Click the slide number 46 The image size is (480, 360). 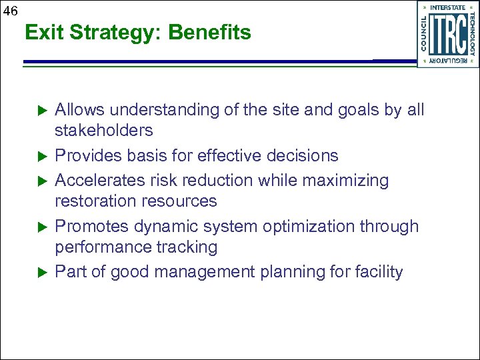click(10, 10)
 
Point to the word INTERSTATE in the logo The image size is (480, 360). click(448, 7)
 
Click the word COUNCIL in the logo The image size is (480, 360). click(425, 34)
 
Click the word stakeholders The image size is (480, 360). click(103, 130)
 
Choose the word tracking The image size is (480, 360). click(189, 247)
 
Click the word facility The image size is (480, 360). click(379, 272)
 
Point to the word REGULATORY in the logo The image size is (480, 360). click(448, 61)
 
